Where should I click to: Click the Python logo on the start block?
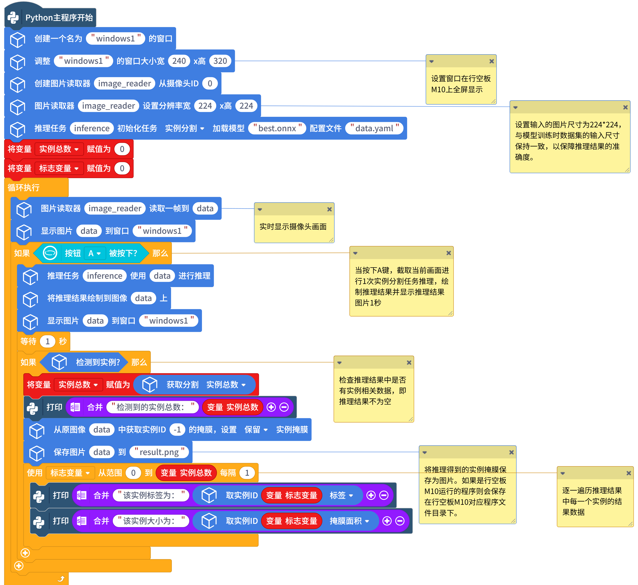click(13, 18)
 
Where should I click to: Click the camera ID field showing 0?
click(210, 83)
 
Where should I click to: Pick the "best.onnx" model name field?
click(277, 128)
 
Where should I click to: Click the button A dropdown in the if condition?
click(94, 253)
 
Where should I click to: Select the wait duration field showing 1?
click(48, 341)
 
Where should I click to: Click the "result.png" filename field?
click(159, 452)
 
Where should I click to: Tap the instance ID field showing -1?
click(177, 430)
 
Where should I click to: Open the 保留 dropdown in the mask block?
click(256, 430)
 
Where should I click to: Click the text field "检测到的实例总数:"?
click(152, 407)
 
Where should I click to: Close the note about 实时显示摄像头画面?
click(329, 209)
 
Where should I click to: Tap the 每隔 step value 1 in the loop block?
click(247, 473)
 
